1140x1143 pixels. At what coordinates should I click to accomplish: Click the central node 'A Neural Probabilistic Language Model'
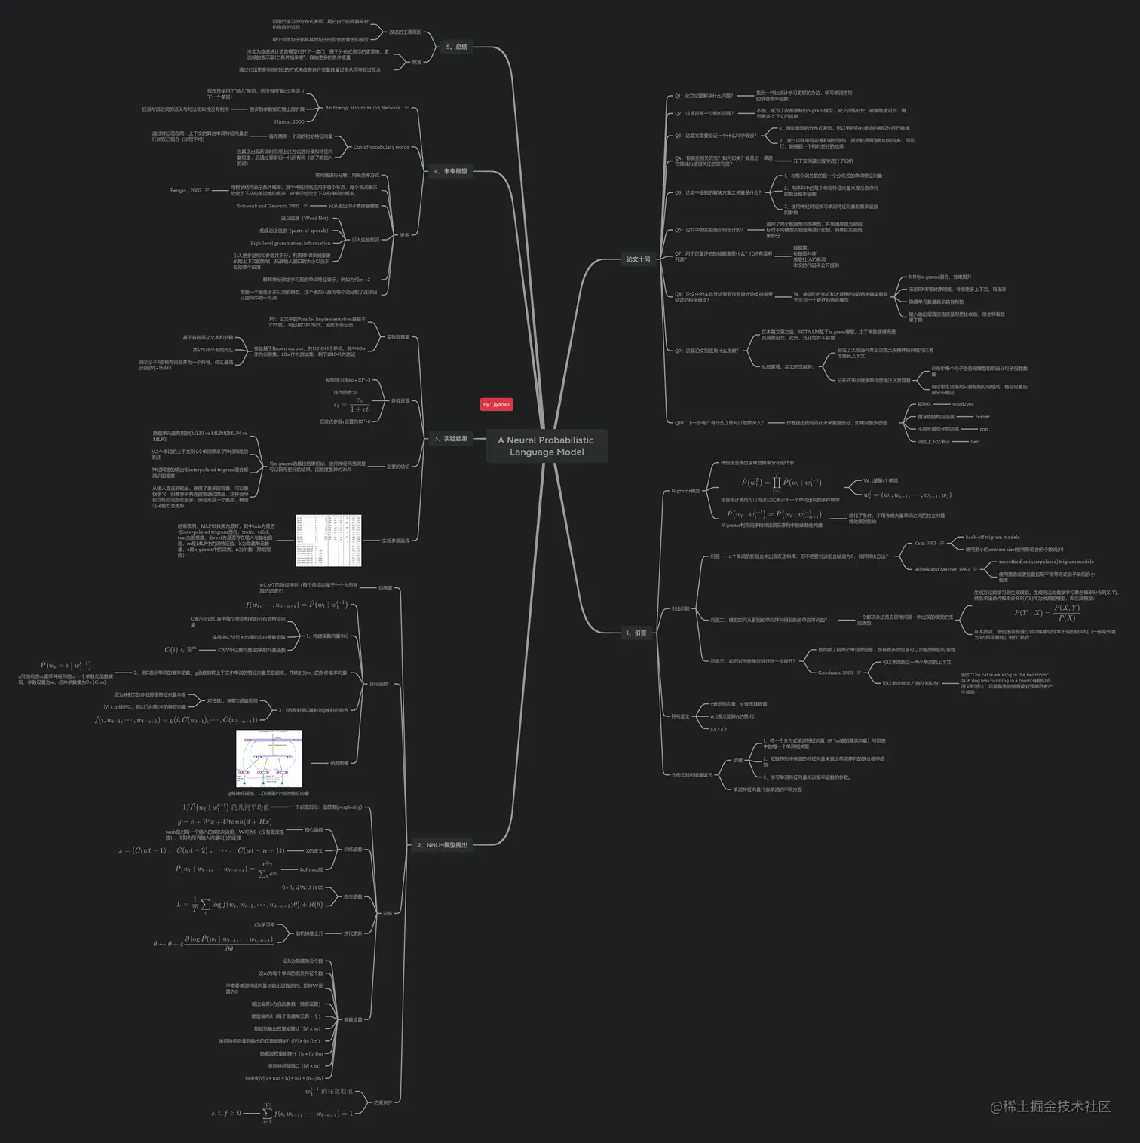click(x=547, y=446)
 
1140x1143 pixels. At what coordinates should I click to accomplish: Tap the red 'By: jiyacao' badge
click(x=496, y=405)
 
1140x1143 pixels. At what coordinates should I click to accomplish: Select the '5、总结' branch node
click(x=456, y=47)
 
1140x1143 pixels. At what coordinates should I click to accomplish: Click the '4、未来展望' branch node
click(x=451, y=171)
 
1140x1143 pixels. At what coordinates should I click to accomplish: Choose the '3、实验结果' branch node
click(x=451, y=438)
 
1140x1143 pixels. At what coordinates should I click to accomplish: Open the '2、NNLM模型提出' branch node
click(x=442, y=845)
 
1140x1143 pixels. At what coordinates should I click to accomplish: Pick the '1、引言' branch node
click(x=636, y=633)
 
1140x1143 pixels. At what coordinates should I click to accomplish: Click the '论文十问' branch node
click(x=638, y=259)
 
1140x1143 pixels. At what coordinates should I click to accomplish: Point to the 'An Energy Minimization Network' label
click(x=363, y=108)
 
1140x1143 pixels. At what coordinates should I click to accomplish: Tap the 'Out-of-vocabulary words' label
click(x=382, y=147)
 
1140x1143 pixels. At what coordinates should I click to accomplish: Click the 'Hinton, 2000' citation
click(x=289, y=121)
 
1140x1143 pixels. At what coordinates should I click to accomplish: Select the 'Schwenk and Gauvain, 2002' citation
click(x=268, y=206)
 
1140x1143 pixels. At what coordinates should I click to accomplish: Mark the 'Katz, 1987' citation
click(x=924, y=543)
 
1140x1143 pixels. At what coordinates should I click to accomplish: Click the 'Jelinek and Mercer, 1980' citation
click(x=942, y=569)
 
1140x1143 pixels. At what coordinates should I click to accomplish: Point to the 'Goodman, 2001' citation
click(x=835, y=673)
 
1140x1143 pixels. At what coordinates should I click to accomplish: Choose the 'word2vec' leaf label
click(x=963, y=404)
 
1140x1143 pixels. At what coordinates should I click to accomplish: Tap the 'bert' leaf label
click(x=975, y=442)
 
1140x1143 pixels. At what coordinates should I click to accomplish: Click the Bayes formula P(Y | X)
click(x=1047, y=612)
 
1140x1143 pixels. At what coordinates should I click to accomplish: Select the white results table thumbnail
click(x=328, y=541)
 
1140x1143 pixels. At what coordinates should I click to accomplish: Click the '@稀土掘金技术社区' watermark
click(x=1050, y=1106)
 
